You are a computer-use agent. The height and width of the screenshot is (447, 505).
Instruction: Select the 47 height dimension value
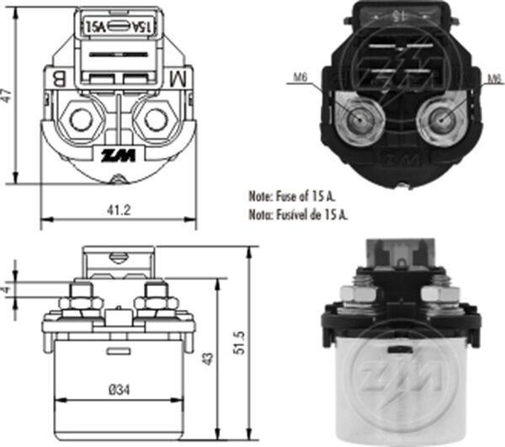(x=8, y=98)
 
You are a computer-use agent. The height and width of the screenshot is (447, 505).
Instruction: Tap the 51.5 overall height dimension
(x=240, y=344)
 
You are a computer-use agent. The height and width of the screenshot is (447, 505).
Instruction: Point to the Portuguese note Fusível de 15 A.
(x=298, y=215)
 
